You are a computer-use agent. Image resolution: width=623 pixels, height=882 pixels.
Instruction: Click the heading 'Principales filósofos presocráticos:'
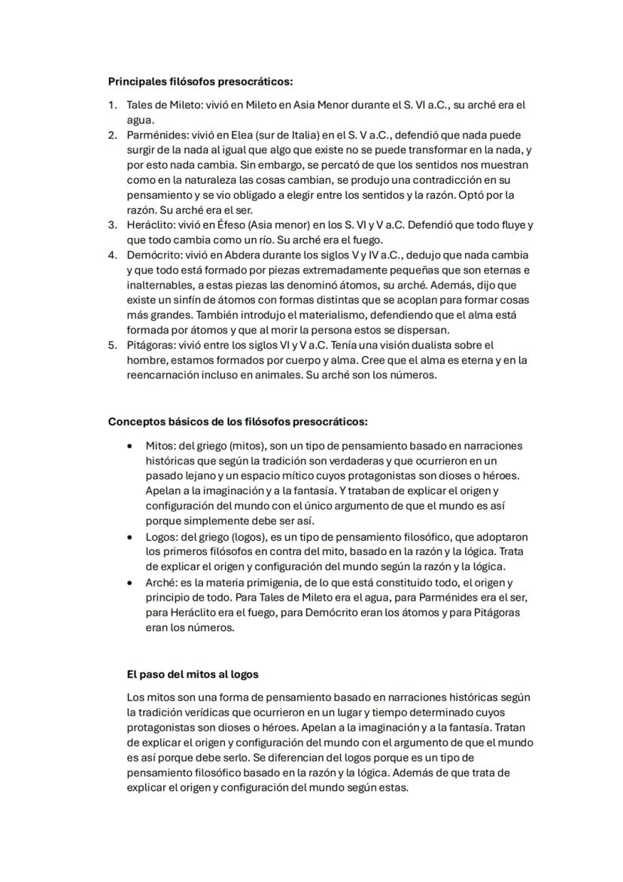coord(200,81)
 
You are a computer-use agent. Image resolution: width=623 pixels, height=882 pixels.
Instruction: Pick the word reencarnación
coord(161,374)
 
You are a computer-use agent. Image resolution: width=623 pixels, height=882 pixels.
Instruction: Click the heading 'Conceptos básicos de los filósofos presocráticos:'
coord(238,421)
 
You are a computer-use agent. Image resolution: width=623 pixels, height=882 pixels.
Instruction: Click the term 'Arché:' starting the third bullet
coord(163,582)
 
